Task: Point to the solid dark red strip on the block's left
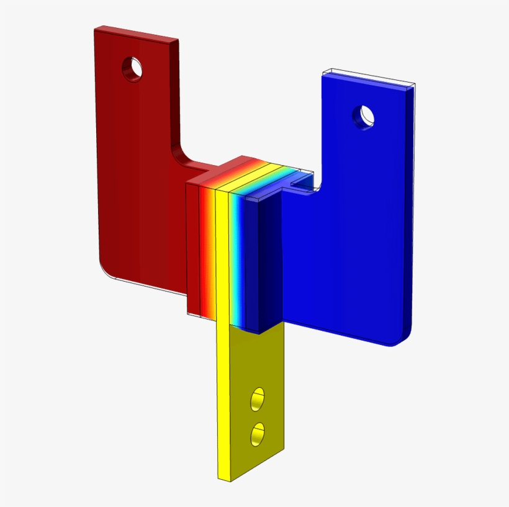tap(192, 248)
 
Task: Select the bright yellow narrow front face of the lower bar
tap(223, 403)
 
